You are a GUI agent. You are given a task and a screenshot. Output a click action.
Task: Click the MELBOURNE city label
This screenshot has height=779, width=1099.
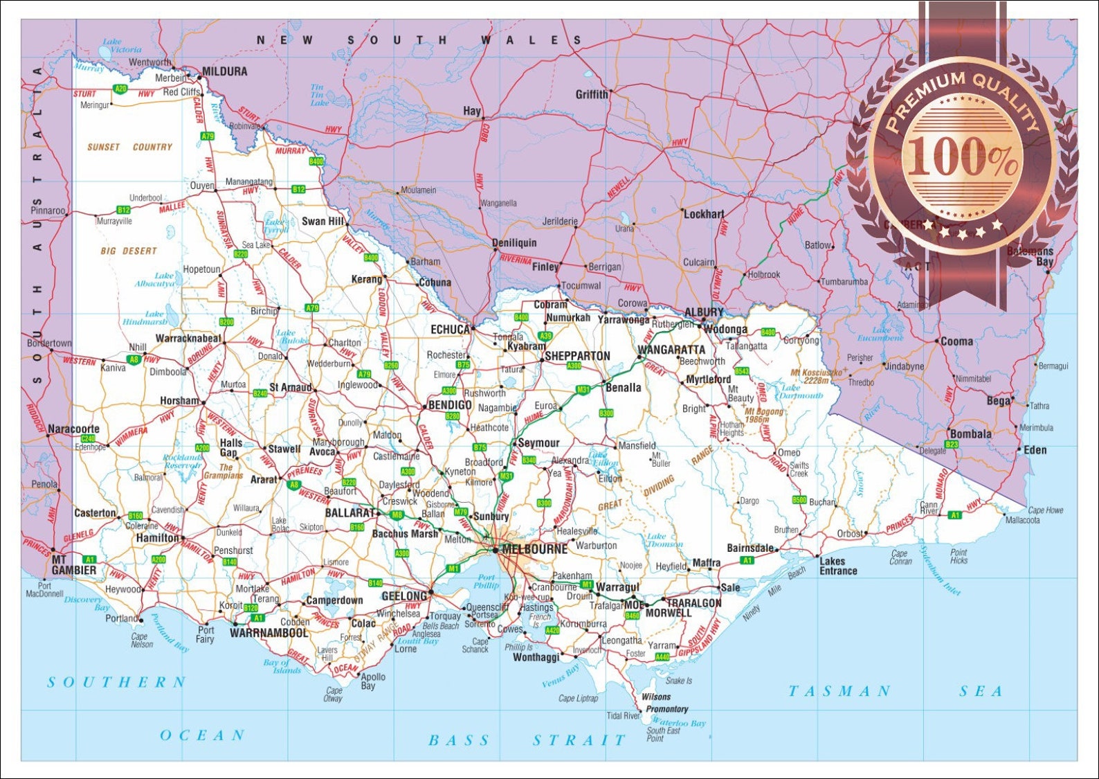[534, 549]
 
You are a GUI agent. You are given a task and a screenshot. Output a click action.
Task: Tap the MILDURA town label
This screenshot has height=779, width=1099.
[224, 71]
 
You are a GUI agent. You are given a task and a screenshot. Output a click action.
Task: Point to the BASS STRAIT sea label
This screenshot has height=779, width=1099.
[527, 740]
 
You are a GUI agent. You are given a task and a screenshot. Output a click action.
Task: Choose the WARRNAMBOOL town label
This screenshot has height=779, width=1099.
[269, 633]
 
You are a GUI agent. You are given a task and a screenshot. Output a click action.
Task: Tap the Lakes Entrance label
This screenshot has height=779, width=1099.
[837, 566]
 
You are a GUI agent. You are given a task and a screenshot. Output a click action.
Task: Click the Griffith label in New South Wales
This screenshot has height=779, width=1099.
[592, 94]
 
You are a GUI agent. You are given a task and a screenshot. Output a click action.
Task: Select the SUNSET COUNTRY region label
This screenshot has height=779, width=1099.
[129, 147]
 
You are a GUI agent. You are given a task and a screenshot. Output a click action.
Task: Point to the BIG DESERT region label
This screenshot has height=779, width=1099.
[129, 251]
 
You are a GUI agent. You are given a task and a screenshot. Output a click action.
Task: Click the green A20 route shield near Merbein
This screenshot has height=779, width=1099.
[120, 89]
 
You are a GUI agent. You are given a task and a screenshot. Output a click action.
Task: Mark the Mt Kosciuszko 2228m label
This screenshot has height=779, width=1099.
[817, 377]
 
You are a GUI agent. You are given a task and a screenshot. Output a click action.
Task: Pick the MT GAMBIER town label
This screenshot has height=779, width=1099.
[73, 565]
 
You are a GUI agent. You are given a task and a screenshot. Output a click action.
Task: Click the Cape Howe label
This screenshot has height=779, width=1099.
[1045, 510]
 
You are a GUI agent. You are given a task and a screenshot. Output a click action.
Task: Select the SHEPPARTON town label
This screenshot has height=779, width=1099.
[577, 356]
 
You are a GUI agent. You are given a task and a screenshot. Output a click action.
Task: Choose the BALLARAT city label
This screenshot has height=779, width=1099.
[349, 513]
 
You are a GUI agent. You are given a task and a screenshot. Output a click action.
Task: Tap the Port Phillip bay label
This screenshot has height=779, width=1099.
[486, 581]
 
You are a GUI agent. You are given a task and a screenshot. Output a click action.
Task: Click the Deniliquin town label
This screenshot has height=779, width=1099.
[514, 243]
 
